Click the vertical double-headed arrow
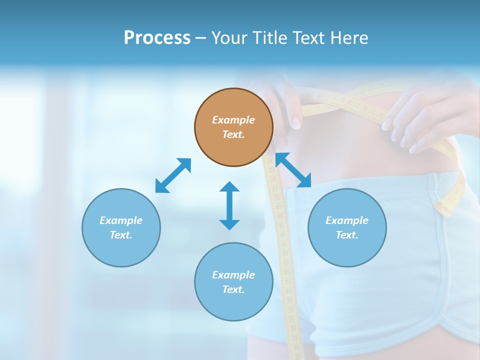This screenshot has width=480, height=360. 229,205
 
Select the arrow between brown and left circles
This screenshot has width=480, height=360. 173,175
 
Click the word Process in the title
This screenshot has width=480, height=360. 157,37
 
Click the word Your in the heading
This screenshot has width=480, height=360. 229,37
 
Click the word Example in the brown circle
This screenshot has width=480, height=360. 233,120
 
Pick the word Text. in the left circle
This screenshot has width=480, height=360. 121,235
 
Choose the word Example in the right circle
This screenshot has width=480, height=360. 347,220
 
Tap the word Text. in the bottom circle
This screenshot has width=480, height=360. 233,289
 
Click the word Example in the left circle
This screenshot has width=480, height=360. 121,220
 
